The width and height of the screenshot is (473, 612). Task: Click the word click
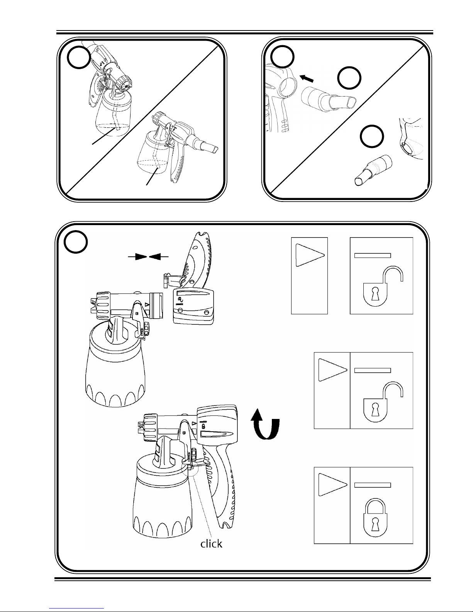pyautogui.click(x=211, y=544)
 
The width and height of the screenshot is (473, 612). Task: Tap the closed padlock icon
pyautogui.click(x=375, y=518)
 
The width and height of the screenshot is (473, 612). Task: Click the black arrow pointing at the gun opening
pyautogui.click(x=306, y=78)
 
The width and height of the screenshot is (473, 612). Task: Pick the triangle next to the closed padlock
pyautogui.click(x=332, y=485)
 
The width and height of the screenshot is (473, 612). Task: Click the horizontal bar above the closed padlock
pyautogui.click(x=372, y=485)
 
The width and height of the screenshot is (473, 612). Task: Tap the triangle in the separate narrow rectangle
pyautogui.click(x=310, y=255)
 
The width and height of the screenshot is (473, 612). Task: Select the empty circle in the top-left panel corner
pyautogui.click(x=79, y=57)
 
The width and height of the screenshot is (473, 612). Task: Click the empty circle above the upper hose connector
pyautogui.click(x=349, y=78)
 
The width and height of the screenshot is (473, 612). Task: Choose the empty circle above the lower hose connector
pyautogui.click(x=372, y=136)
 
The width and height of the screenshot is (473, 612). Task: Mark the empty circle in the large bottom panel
pyautogui.click(x=76, y=242)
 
